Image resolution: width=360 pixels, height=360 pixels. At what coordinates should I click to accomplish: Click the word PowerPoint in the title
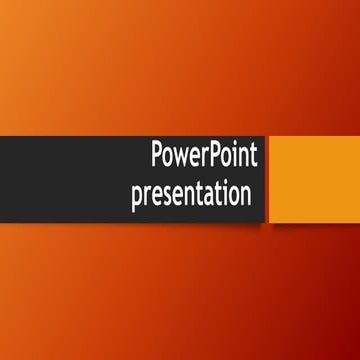pyautogui.click(x=204, y=158)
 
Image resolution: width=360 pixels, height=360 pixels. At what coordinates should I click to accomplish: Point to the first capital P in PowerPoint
pyautogui.click(x=157, y=157)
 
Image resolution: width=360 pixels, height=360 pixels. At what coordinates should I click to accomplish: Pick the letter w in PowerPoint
pyautogui.click(x=183, y=160)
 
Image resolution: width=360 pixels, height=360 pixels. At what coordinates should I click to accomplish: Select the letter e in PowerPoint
pyautogui.click(x=197, y=160)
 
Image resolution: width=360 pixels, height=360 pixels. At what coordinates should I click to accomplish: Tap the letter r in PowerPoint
pyautogui.click(x=207, y=160)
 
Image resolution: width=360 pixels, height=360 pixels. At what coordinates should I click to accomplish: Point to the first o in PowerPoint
pyautogui.click(x=169, y=160)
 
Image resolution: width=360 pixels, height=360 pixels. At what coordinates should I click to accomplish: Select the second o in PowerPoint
pyautogui.click(x=230, y=160)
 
